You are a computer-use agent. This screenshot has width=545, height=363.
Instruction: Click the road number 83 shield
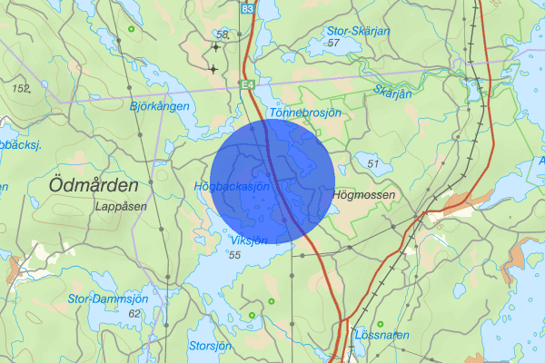[249, 7]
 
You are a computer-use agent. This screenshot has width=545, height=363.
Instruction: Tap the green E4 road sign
[246, 84]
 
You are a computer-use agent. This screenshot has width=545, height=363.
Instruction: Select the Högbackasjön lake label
[233, 186]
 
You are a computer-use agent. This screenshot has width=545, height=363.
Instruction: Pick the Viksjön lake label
[249, 240]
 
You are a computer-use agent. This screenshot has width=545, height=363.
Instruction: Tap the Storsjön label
[210, 346]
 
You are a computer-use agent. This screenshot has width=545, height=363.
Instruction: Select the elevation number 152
[22, 88]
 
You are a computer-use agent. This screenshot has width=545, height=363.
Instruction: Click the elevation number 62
[135, 313]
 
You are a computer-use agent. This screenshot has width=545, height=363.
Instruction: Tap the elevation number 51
[372, 162]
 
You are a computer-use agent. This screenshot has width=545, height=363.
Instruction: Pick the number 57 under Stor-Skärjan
[333, 43]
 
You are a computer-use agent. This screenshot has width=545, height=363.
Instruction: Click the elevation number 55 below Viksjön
[234, 255]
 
